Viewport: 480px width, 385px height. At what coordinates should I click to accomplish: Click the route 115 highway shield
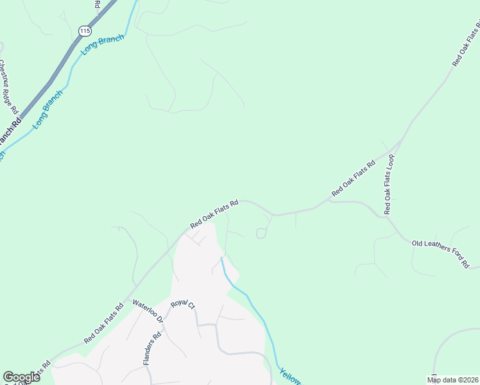(x=84, y=31)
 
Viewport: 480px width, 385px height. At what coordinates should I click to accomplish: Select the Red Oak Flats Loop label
(x=389, y=184)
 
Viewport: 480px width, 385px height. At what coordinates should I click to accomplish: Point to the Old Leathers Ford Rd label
(x=441, y=253)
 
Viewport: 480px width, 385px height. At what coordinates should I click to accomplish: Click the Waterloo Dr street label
(x=146, y=312)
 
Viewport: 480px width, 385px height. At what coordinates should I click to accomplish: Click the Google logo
(x=21, y=377)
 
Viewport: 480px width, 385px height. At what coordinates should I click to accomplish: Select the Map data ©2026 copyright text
(x=452, y=380)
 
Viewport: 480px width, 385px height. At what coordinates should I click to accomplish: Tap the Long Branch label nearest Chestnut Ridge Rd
(x=48, y=109)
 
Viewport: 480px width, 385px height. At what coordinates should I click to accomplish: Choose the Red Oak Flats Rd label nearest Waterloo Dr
(x=103, y=324)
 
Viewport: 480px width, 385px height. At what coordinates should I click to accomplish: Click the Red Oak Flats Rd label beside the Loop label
(x=353, y=179)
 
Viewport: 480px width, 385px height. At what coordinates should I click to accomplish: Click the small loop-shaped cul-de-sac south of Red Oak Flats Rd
(x=261, y=233)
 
